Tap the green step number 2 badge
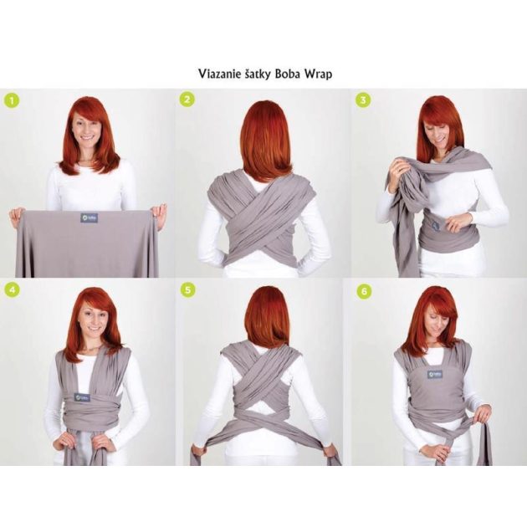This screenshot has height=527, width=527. click(x=188, y=100)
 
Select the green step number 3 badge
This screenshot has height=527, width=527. click(x=362, y=100)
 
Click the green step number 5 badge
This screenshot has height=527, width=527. click(x=188, y=290)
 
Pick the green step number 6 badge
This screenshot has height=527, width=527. click(x=362, y=290)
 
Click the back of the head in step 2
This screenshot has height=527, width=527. click(x=261, y=134)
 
